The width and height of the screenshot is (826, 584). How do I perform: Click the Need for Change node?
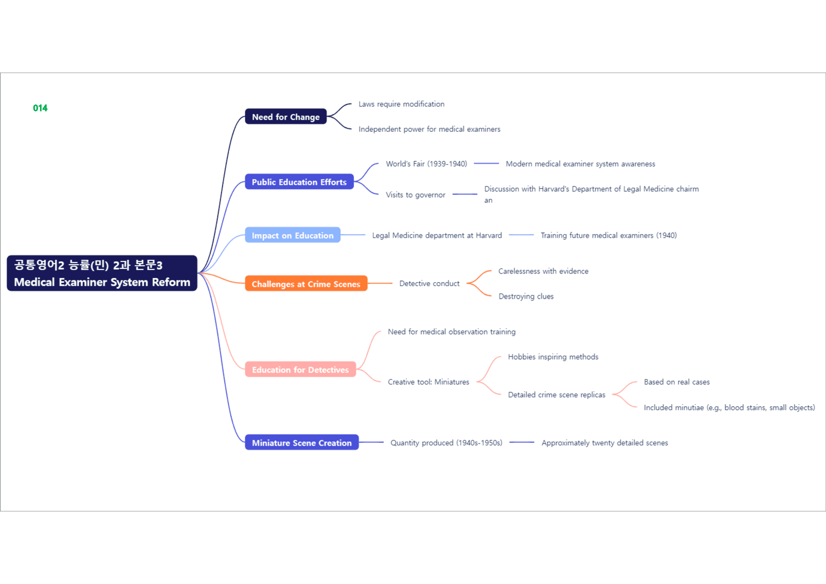(286, 117)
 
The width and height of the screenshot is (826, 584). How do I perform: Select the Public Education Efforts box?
(299, 182)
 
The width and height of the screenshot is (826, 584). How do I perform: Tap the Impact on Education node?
(292, 235)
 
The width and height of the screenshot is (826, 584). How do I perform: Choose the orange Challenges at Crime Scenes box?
(306, 284)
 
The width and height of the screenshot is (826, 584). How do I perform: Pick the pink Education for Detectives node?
(300, 369)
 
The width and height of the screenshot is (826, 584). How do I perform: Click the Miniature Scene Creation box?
(302, 442)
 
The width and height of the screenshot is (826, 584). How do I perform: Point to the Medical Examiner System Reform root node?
(102, 273)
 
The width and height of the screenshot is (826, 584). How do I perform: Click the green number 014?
(40, 108)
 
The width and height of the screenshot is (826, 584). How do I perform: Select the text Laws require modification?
(401, 104)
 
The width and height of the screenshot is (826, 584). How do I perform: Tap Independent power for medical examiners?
(429, 129)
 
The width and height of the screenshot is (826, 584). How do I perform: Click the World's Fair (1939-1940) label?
(427, 164)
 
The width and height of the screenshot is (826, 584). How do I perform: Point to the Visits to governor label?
(415, 195)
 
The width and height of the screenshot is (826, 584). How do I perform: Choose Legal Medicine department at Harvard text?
(437, 235)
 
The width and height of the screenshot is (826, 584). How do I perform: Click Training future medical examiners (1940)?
(608, 235)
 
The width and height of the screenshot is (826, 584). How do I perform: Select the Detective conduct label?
(429, 284)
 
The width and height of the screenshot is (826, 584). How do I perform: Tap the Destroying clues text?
(526, 296)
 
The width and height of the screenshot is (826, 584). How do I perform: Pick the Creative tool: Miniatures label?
(429, 382)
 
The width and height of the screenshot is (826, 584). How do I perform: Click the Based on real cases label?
(677, 382)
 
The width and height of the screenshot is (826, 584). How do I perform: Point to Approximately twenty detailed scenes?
(605, 443)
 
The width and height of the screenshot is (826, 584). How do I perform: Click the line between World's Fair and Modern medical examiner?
(486, 163)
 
